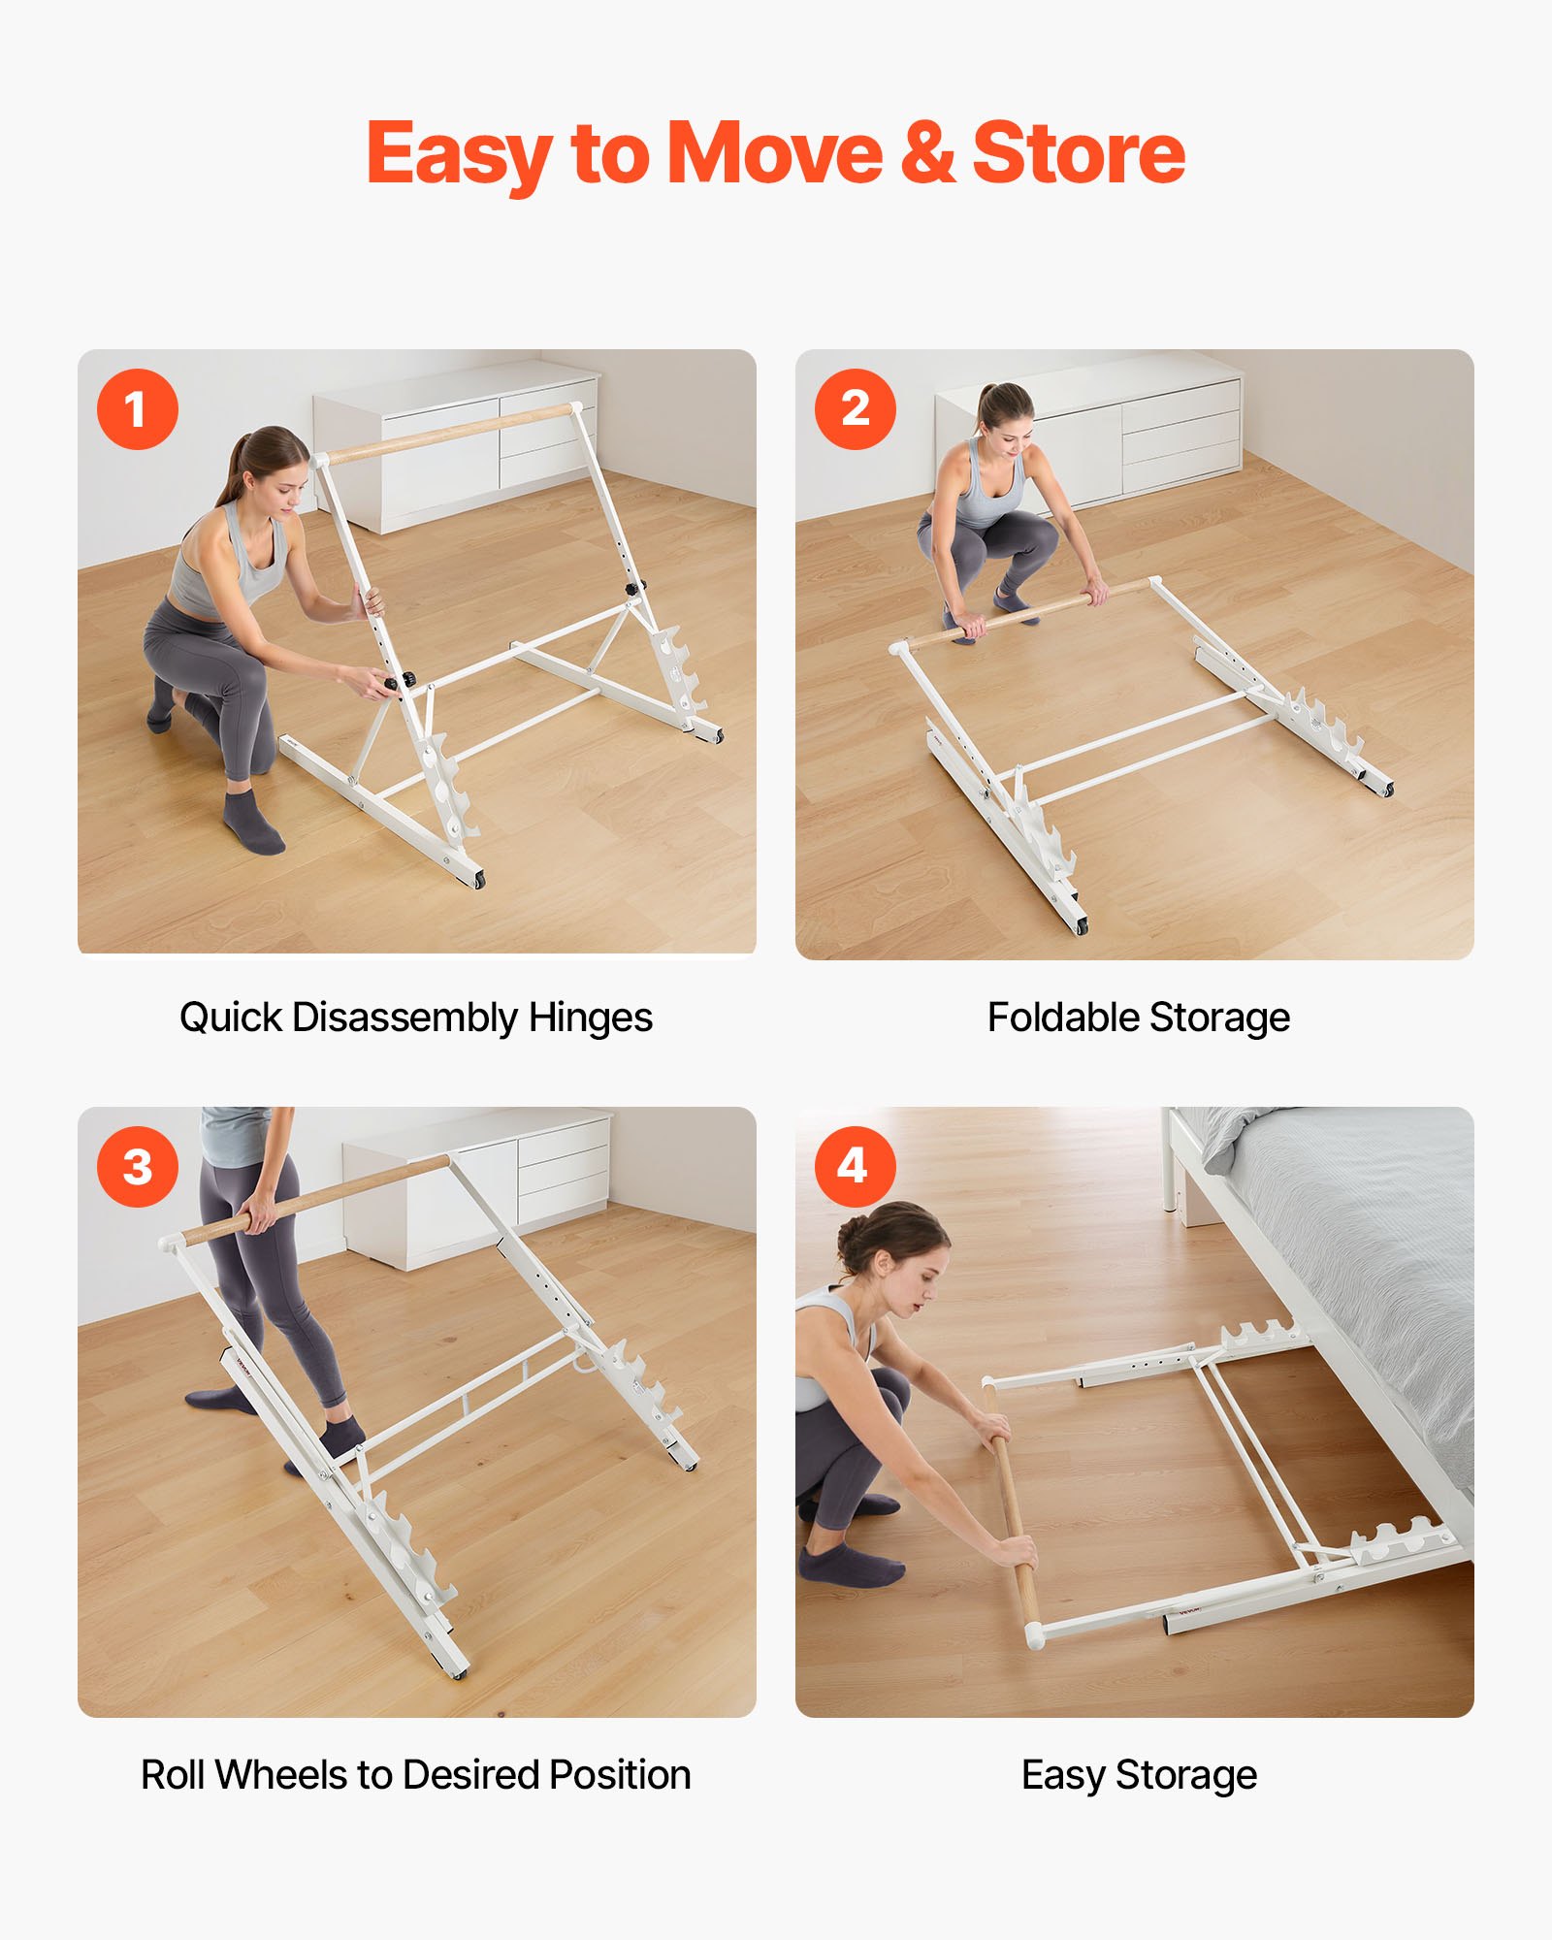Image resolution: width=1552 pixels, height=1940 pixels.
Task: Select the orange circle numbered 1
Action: [137, 408]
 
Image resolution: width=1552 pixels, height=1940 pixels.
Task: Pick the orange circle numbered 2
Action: [855, 408]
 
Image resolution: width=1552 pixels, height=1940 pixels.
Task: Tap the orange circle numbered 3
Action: [137, 1166]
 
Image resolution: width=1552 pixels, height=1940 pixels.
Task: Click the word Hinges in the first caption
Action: [590, 1018]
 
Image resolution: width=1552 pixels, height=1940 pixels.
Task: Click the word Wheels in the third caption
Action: [282, 1775]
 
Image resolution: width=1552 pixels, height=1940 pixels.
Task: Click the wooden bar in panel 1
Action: [446, 433]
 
